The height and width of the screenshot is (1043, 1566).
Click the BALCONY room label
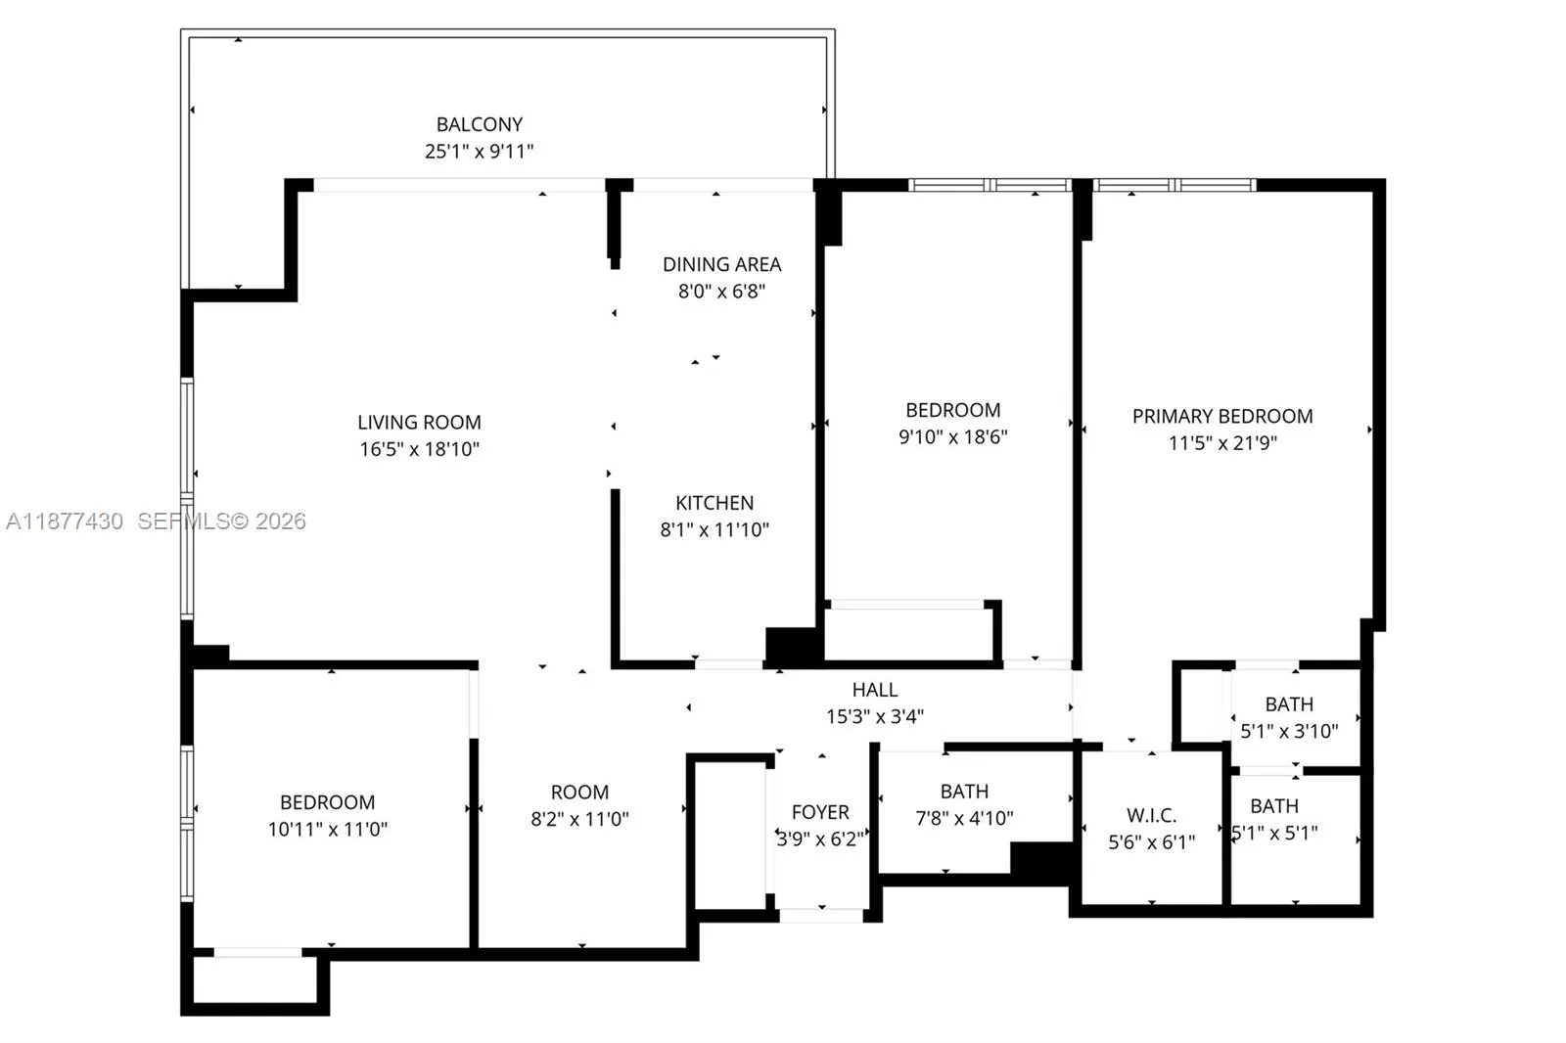[479, 124]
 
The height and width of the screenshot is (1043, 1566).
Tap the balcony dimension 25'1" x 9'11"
[479, 151]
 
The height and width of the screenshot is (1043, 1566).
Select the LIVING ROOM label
[419, 422]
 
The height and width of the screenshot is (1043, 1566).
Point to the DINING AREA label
[721, 264]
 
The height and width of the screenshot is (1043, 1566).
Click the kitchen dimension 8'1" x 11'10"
[714, 529]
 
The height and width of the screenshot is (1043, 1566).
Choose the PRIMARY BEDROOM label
[1222, 416]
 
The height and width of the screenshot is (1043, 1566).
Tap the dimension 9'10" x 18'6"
[952, 436]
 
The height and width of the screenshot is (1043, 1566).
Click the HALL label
[874, 690]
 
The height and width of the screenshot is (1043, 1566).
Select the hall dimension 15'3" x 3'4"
[874, 716]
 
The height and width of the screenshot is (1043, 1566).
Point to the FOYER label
[820, 812]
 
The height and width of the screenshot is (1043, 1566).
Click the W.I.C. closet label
[1151, 815]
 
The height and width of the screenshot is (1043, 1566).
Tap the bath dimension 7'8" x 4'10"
[964, 818]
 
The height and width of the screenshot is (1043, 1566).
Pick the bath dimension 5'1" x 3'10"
[1288, 731]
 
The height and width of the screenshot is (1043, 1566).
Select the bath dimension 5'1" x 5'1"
[1275, 833]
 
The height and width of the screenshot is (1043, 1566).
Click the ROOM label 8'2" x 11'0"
[579, 793]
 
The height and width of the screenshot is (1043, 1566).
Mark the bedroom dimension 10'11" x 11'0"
[327, 829]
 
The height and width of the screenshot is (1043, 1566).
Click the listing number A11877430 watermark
[65, 521]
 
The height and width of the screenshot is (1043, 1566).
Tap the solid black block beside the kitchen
[792, 647]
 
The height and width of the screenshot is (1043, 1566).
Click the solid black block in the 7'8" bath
[1041, 862]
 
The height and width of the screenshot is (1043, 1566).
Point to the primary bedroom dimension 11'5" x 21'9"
[1222, 442]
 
